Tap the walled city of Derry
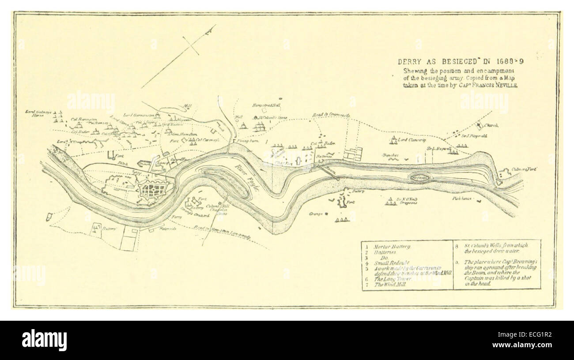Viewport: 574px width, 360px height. coord(154,191)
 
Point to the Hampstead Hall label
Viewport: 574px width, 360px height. coord(266,105)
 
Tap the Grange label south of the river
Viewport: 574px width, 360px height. coord(317,214)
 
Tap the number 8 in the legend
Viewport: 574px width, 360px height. coord(457,245)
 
